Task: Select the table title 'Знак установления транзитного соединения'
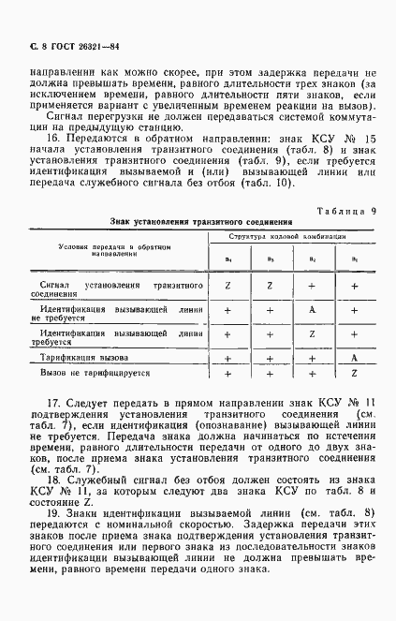tap(176, 222)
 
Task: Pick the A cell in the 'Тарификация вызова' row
tap(355, 358)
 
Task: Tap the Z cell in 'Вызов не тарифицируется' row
tap(355, 373)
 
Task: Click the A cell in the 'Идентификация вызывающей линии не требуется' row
tap(311, 310)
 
